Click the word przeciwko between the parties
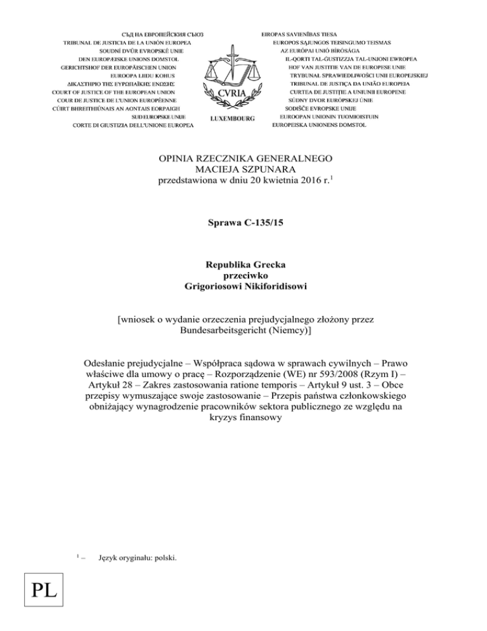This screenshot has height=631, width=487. click(243, 279)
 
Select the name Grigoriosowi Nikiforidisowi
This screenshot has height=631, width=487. click(243, 290)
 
